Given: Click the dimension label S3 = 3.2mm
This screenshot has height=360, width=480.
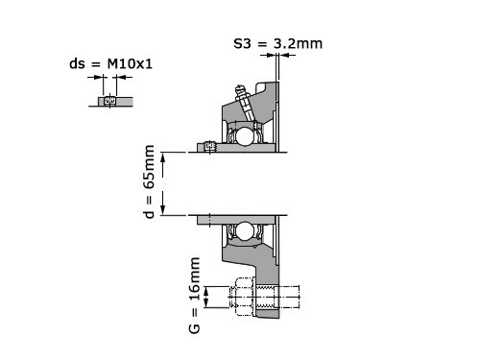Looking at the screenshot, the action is pos(277,43).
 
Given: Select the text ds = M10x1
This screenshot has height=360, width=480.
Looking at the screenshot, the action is pos(110,63).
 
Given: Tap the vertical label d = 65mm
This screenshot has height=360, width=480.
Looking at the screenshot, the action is pos(149,181).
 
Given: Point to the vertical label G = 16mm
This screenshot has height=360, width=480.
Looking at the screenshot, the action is pos(195,295).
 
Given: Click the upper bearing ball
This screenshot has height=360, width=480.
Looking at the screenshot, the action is pos(245,135).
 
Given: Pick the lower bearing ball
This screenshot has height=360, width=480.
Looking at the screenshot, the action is pos(245,230).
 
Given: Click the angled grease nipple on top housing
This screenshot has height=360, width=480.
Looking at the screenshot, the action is pos(245,102).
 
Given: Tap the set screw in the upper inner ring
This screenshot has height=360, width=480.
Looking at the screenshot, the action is pos(210,147).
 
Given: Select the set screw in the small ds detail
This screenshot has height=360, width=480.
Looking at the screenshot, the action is pos(110,101).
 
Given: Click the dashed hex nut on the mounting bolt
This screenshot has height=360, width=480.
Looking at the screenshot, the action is pos(242,297).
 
